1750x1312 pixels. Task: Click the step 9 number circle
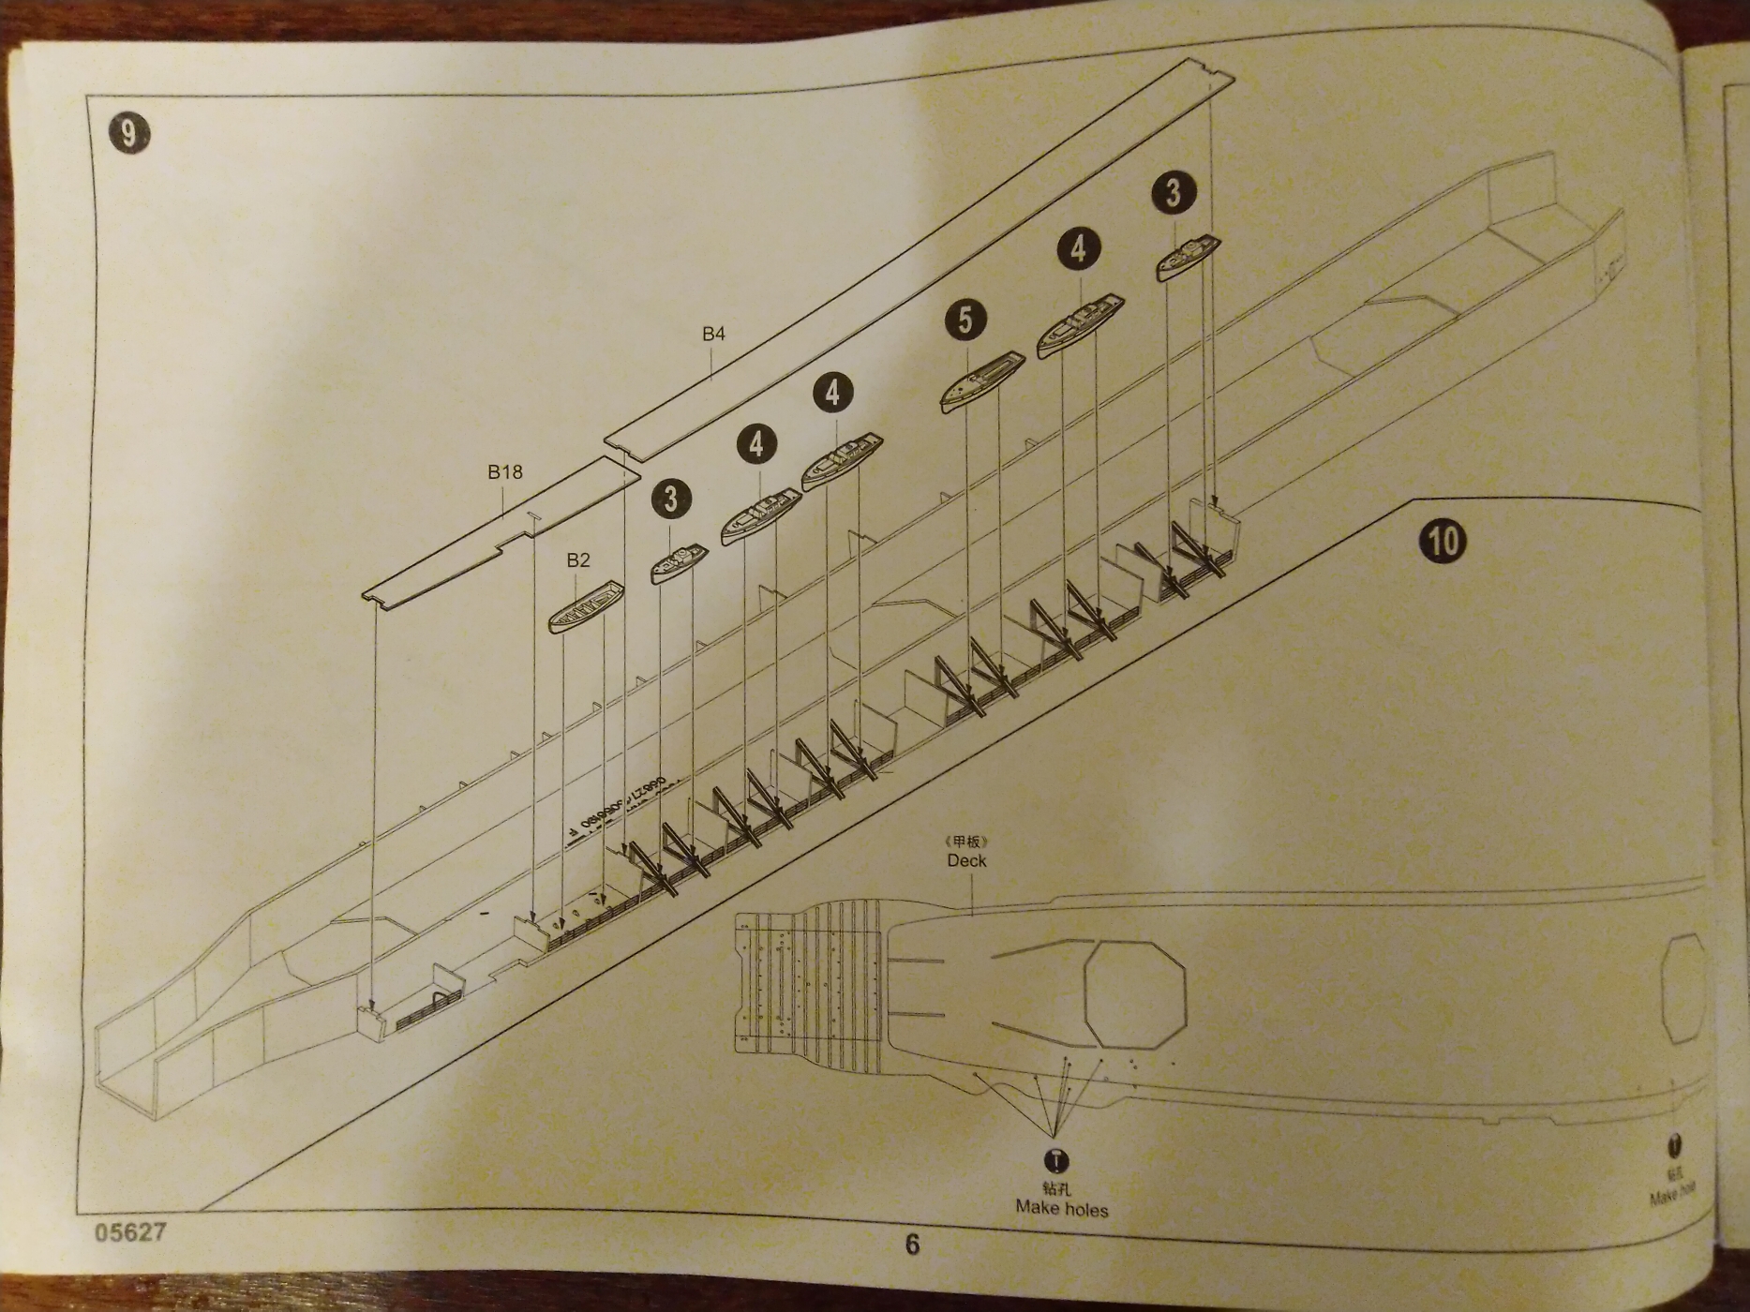[x=128, y=134]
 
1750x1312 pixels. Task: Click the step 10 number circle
[x=1443, y=541]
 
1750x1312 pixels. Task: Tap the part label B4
[x=713, y=334]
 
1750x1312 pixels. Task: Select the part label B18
[x=504, y=471]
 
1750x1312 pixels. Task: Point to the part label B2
[x=578, y=559]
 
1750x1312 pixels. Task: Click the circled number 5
[x=965, y=320]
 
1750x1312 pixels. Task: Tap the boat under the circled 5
[x=981, y=380]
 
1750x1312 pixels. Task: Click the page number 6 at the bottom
[x=912, y=1244]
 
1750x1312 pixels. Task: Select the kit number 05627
[x=130, y=1231]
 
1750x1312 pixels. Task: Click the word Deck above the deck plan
[x=966, y=860]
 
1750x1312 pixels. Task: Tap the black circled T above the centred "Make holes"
[x=1056, y=1161]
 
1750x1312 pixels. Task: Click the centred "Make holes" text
[x=1061, y=1209]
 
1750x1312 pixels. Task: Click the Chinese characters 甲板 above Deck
[x=966, y=842]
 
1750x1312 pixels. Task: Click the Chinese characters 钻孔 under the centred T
[x=1056, y=1188]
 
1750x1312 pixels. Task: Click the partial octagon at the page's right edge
[x=1683, y=988]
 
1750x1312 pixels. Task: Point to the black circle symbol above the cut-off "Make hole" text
[x=1674, y=1145]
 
